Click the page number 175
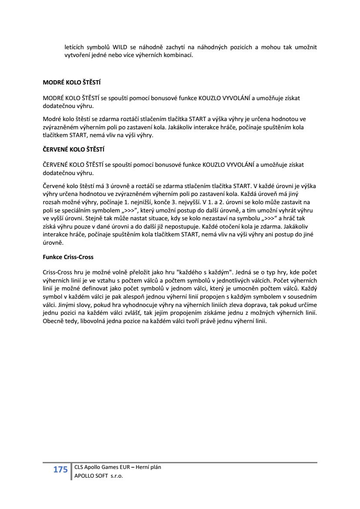61,469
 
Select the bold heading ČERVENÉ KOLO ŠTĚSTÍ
74,149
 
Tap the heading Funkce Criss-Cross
68,257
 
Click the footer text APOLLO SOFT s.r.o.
99,476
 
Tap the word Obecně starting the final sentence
53,322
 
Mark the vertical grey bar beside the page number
71,472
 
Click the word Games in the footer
106,467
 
